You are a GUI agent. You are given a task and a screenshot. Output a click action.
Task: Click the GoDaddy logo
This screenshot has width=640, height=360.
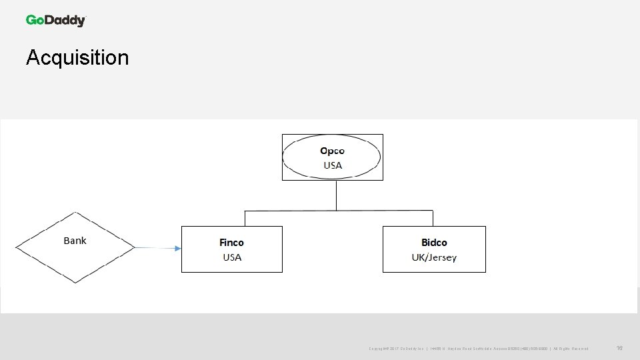point(56,21)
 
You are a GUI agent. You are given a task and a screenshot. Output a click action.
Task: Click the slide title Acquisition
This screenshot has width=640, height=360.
point(77,58)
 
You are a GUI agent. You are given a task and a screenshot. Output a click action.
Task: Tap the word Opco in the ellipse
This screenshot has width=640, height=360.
point(332,151)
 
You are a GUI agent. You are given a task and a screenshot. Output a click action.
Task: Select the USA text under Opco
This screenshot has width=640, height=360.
point(332,165)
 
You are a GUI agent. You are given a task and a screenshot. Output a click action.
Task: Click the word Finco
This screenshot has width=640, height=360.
point(231,243)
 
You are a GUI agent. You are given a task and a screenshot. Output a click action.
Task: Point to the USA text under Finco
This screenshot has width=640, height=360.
point(232,257)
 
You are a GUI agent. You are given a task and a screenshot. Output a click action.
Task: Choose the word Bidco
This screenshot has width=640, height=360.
point(434,243)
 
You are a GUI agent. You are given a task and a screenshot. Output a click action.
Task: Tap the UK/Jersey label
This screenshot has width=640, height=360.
point(434,257)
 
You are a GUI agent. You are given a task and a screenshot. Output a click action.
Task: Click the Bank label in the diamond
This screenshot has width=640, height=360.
point(75,241)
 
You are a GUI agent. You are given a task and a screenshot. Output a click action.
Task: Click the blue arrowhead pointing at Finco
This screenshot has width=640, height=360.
point(177,249)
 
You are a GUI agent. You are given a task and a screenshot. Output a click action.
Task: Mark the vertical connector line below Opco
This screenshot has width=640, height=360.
point(337,195)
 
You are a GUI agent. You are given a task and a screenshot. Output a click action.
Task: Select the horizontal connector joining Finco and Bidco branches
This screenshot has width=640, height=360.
point(339,211)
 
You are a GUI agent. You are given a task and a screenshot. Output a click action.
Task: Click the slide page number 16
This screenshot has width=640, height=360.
point(619,348)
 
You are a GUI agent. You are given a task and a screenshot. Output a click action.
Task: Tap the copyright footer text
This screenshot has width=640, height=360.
point(478,349)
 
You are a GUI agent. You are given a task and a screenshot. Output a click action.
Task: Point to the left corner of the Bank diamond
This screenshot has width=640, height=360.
point(17,248)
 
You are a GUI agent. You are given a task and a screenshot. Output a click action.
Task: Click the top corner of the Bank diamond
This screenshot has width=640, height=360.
point(75,213)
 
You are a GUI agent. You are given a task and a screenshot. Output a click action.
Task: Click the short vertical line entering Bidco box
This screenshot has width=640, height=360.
point(433,219)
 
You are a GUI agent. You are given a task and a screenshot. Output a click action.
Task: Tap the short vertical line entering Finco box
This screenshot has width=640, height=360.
point(245,219)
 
